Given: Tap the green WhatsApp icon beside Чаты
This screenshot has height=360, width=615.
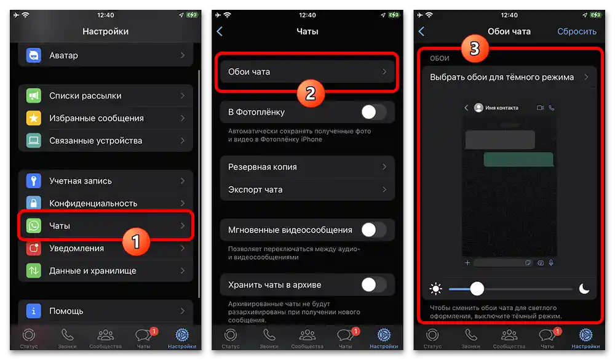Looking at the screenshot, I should click(x=33, y=226).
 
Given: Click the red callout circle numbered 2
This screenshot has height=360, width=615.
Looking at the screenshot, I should click(x=311, y=93).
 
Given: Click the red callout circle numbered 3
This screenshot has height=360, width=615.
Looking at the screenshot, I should click(x=474, y=50).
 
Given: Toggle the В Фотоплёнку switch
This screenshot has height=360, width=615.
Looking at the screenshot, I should click(x=373, y=112).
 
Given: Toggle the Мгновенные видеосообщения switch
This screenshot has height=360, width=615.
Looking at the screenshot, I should click(x=373, y=230).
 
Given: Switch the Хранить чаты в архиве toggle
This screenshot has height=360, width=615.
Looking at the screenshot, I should click(x=373, y=285).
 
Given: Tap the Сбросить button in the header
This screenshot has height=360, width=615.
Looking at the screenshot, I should click(x=576, y=31).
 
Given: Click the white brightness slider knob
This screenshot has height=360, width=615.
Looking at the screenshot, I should click(x=477, y=289).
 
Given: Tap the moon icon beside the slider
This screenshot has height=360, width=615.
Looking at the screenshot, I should click(x=584, y=289).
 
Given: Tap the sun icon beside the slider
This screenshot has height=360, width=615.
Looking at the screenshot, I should click(x=436, y=289).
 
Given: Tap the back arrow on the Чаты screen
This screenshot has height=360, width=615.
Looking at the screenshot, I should click(x=220, y=31).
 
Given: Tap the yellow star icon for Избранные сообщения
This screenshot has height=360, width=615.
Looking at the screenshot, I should click(x=33, y=118).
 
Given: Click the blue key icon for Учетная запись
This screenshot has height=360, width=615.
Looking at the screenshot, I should click(x=33, y=181).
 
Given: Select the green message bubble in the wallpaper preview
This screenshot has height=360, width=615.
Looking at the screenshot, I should click(x=518, y=159).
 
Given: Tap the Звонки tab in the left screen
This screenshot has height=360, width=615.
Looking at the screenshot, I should click(x=67, y=338).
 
